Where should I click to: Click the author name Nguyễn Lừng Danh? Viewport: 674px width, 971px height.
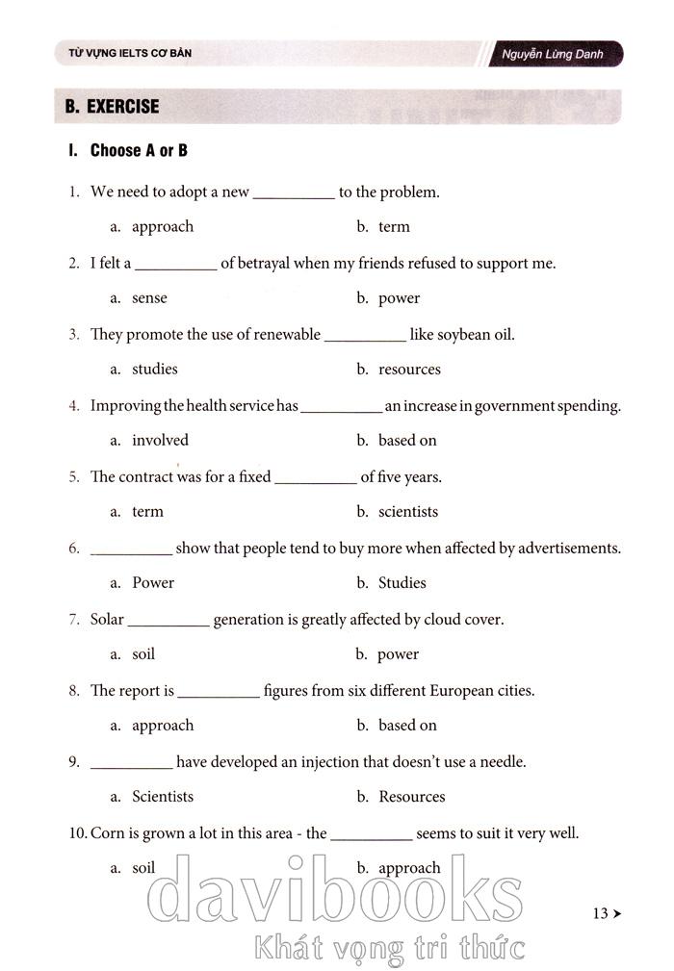point(553,54)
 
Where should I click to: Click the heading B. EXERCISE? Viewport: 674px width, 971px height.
point(112,107)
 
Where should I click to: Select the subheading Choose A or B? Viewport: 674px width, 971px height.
point(139,151)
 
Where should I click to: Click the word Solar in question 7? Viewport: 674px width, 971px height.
point(107,620)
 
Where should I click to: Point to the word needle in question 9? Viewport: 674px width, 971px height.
point(502,762)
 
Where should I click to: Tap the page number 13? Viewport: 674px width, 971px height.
point(601,913)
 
